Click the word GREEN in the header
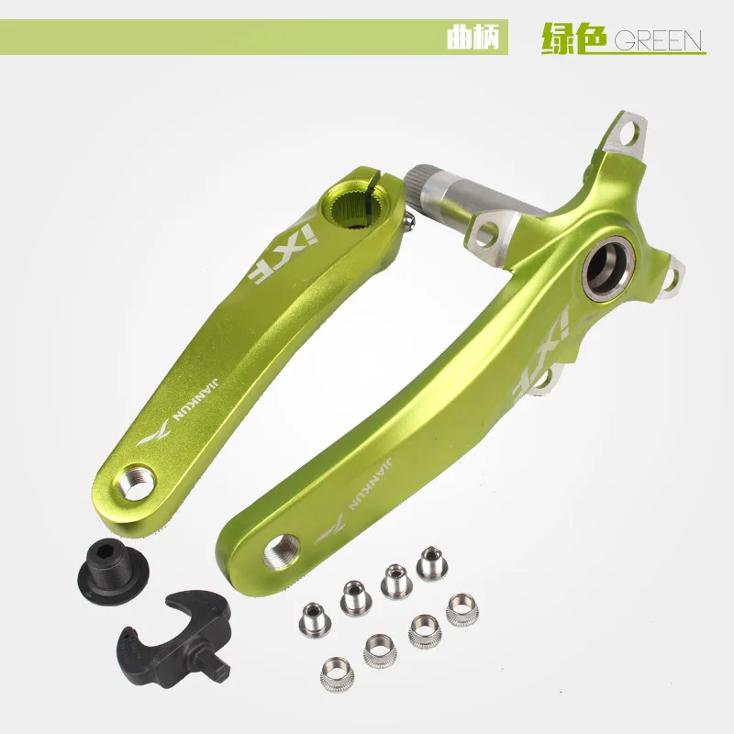658,40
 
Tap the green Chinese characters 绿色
574,39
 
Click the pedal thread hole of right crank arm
278,553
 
